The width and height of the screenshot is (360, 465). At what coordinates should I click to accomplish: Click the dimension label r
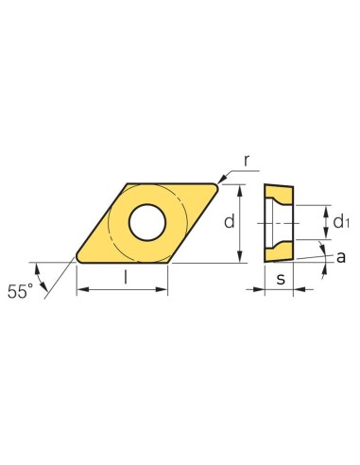247,161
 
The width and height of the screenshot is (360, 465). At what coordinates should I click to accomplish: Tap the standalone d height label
228,221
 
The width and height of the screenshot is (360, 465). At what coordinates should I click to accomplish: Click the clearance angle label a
339,255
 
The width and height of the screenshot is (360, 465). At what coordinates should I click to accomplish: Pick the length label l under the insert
124,278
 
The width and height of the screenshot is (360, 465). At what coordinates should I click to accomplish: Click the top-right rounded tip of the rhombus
216,186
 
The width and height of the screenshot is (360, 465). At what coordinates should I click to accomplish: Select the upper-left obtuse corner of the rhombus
127,185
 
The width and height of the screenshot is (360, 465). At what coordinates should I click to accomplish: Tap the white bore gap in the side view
278,222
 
